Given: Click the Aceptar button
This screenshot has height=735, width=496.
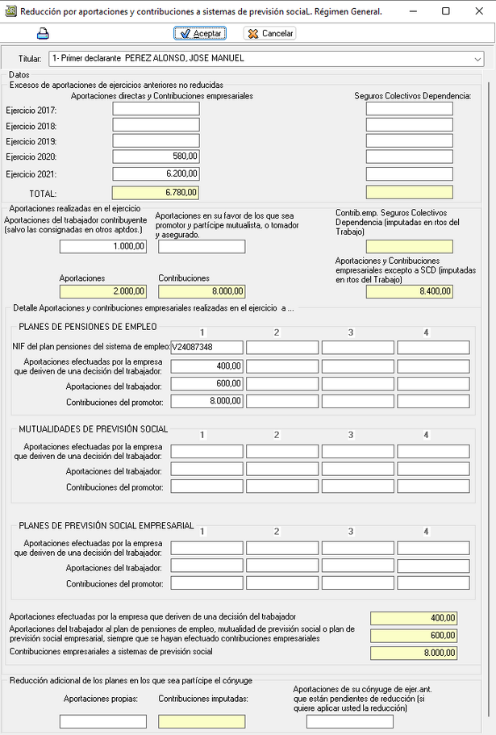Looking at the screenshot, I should coord(199,33).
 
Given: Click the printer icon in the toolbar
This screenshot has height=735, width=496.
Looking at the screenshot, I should coord(43,33).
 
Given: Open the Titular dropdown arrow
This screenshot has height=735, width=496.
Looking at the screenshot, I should coord(477,59).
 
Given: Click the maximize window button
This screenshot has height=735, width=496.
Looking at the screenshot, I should coord(446,11).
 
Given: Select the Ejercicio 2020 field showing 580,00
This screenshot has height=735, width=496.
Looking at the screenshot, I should coord(156,157).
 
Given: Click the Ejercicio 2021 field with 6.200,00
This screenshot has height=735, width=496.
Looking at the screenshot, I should coord(156,173).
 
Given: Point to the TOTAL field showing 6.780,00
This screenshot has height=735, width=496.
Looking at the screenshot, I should coord(156,193).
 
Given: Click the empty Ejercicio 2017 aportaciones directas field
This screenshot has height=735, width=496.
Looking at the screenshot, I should coord(156,109).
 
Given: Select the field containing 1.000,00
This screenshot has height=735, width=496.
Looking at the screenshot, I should coord(103,247).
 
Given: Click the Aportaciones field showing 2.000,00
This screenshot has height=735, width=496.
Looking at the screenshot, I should coord(103,291).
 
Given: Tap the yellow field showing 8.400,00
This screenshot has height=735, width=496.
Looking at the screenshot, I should coord(409,291).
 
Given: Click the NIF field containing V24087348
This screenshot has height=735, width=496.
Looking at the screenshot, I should coord(206,347).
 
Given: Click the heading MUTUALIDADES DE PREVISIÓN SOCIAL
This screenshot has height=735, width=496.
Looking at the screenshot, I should coord(94,429).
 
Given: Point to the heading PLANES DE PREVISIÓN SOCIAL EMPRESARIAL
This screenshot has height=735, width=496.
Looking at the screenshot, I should coord(106,526).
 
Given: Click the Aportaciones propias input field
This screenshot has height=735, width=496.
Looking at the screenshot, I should coord(103,721).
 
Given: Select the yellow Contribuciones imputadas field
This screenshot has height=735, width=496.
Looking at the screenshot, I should coord(202,721).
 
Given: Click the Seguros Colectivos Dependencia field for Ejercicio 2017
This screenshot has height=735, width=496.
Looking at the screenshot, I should coord(409,109).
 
